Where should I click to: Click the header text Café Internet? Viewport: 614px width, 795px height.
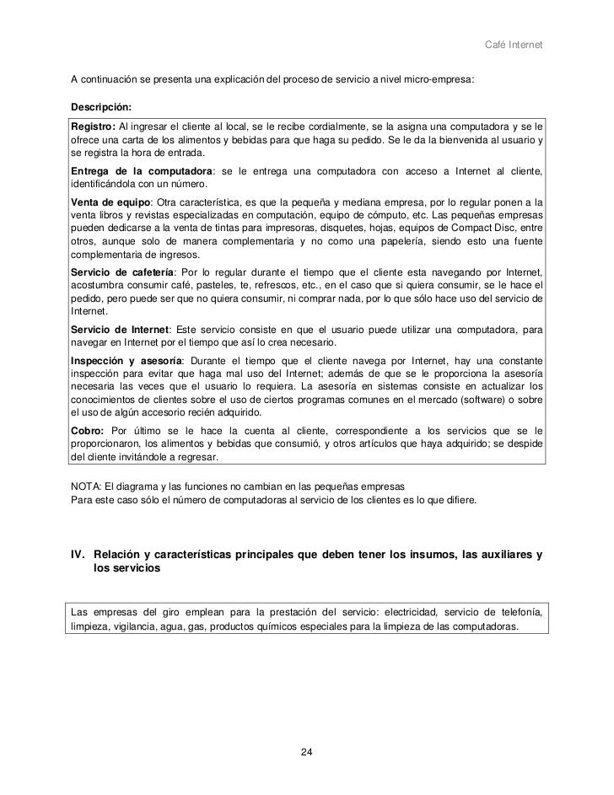click(x=517, y=44)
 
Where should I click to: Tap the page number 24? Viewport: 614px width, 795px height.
click(x=307, y=751)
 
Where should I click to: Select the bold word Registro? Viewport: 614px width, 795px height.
click(x=93, y=126)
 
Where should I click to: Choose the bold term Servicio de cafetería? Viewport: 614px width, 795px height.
click(x=121, y=273)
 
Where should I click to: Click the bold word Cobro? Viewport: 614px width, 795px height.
click(x=89, y=429)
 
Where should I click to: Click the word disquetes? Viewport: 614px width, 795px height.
click(x=340, y=228)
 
